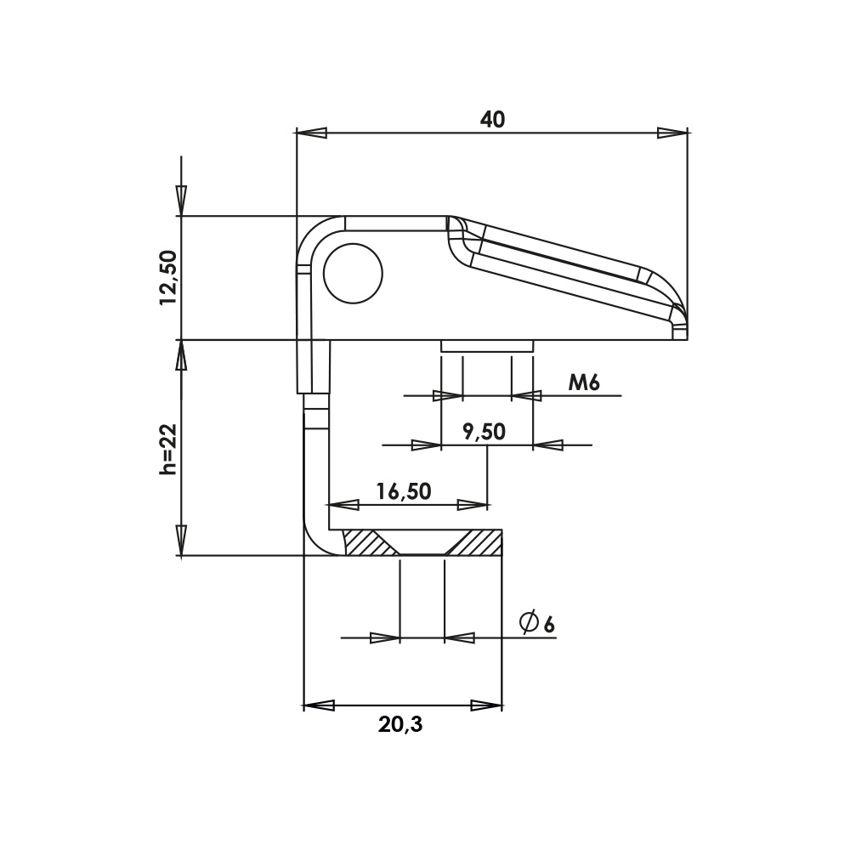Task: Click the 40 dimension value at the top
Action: pyautogui.click(x=492, y=120)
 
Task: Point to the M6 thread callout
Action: pyautogui.click(x=584, y=383)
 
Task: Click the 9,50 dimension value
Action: pyautogui.click(x=484, y=432)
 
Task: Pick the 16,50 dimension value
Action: pyautogui.click(x=404, y=491)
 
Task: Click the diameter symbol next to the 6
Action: pyautogui.click(x=529, y=622)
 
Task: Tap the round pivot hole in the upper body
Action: pyautogui.click(x=353, y=273)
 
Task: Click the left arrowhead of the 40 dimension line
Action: pyautogui.click(x=311, y=133)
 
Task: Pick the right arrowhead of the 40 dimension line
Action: pyautogui.click(x=672, y=133)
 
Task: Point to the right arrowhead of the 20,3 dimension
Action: pyautogui.click(x=486, y=705)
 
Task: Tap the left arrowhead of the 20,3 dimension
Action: pyautogui.click(x=320, y=705)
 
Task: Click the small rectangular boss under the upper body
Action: pyautogui.click(x=486, y=346)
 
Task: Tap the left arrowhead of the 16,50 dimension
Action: pyautogui.click(x=343, y=505)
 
